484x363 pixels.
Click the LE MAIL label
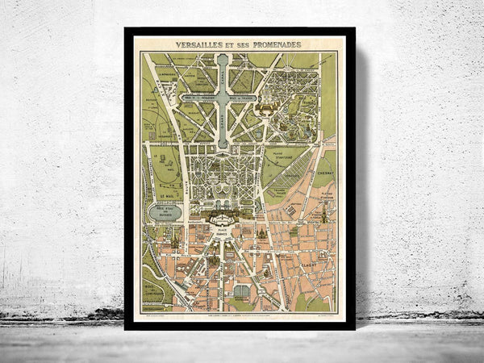pyautogui.click(x=167, y=194)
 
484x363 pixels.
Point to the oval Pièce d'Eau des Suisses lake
pyautogui.click(x=166, y=211)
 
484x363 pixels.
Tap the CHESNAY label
pyautogui.click(x=325, y=173)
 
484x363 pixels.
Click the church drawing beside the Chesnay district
pyautogui.click(x=323, y=214)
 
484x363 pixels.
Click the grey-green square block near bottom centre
pyautogui.click(x=241, y=291)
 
